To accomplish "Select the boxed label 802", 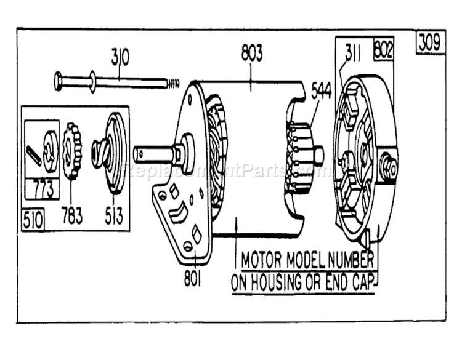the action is [x=384, y=49].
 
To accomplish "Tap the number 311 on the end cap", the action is [x=353, y=52].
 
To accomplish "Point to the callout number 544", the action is [x=320, y=91].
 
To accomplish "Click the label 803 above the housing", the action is [x=251, y=53].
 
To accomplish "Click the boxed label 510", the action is [x=33, y=220].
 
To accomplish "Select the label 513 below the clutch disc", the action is [x=113, y=215].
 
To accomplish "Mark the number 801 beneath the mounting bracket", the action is [x=192, y=278].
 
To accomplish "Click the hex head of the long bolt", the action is [x=58, y=81].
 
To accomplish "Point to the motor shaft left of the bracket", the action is [x=153, y=154].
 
